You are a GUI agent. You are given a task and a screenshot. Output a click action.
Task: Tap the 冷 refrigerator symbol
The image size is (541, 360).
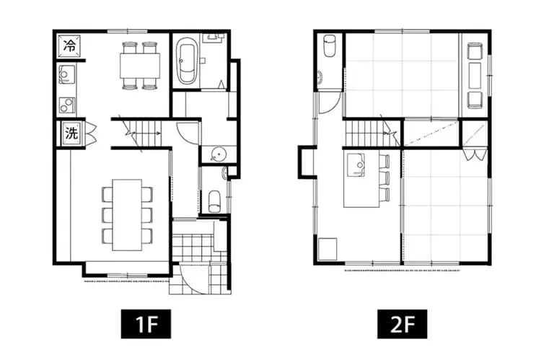[70, 45]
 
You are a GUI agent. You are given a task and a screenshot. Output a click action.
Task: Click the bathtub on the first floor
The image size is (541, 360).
[188, 63]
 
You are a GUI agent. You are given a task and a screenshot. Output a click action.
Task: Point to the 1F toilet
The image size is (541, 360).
[213, 200]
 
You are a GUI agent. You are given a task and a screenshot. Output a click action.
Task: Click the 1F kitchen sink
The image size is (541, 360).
[66, 74]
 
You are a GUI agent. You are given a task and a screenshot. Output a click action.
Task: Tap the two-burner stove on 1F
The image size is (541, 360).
[66, 105]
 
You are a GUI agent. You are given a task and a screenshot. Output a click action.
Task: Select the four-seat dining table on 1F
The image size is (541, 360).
[139, 66]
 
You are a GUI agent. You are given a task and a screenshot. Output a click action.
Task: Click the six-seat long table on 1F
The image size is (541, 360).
[128, 214]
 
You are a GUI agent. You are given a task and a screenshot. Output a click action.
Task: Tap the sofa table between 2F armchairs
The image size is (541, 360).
[475, 74]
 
